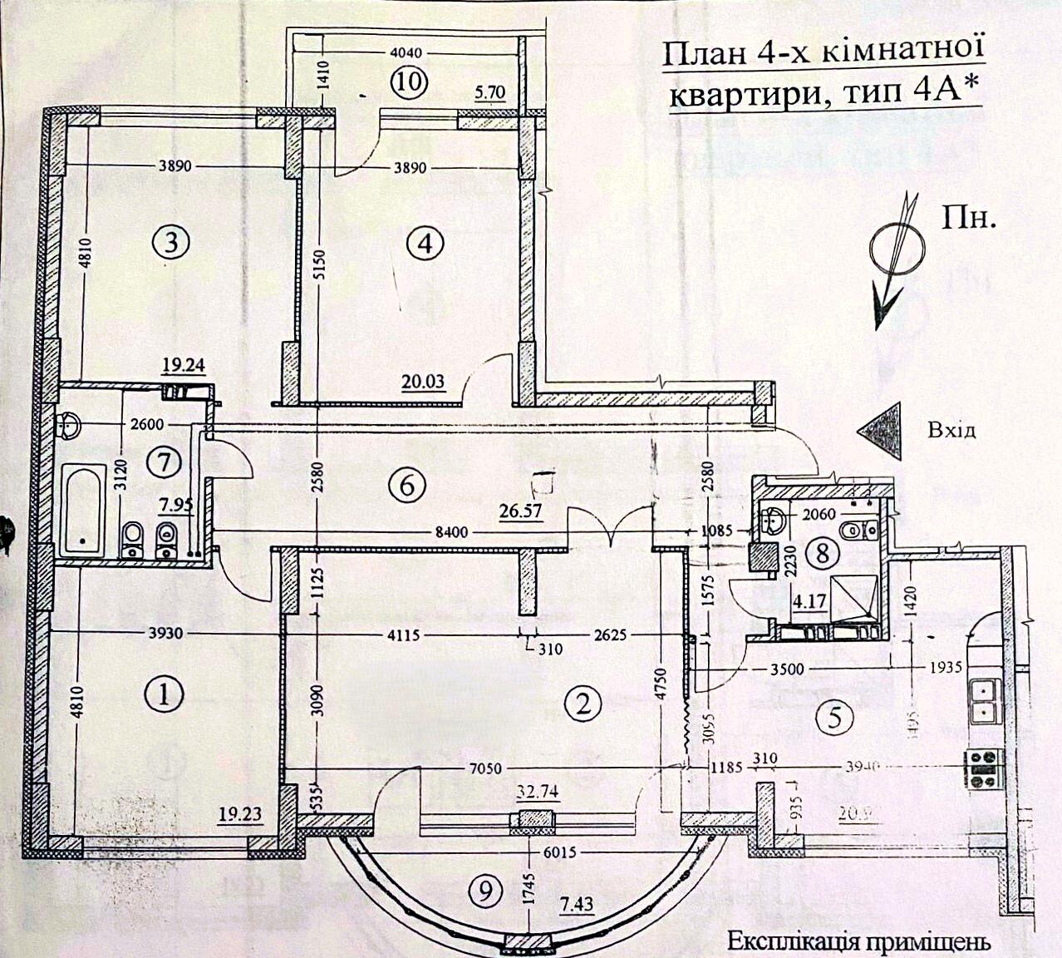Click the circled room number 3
[x=171, y=243]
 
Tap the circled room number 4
[x=425, y=244]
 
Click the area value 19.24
[x=184, y=363]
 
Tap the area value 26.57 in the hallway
[x=520, y=511]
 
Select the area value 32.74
[x=537, y=791]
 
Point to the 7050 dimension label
[x=484, y=768]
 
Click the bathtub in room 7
[x=83, y=510]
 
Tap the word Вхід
[x=951, y=430]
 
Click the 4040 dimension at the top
[x=406, y=52]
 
